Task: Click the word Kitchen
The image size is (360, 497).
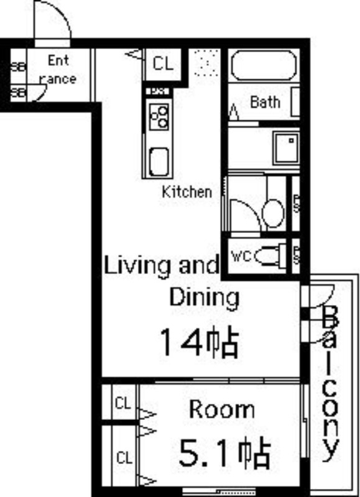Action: coord(186,192)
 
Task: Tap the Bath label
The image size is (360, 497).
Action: coord(265,102)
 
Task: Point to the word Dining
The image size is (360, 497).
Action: coord(204,298)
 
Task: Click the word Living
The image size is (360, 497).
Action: coord(137,266)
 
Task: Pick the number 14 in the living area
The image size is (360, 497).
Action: coord(181,342)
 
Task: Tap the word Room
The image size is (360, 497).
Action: coord(221,409)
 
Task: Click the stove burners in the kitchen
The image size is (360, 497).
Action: coord(160,116)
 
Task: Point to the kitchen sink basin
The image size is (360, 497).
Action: coord(159,162)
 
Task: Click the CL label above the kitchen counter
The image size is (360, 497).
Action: coord(162,63)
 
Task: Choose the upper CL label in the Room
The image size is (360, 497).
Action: coord(123,403)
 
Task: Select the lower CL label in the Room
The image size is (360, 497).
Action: coord(124,459)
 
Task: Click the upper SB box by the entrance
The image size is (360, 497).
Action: coord(19,66)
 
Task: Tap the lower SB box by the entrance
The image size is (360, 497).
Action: coord(19,93)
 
